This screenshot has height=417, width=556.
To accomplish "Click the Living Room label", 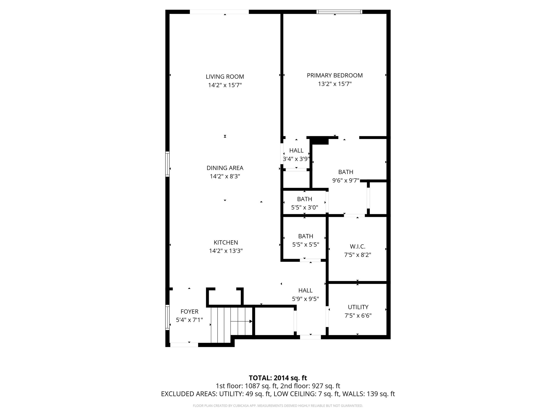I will pyautogui.click(x=225, y=77).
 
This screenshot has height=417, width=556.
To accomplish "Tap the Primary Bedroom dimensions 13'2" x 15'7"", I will pyautogui.click(x=335, y=84).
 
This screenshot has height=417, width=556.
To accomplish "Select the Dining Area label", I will pyautogui.click(x=225, y=168).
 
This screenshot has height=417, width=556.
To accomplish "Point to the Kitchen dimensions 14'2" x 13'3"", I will pyautogui.click(x=226, y=251).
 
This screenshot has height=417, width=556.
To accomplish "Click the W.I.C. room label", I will pyautogui.click(x=358, y=247).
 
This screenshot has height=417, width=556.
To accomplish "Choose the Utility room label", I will pyautogui.click(x=358, y=307).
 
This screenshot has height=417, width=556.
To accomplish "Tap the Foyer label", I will pyautogui.click(x=189, y=312).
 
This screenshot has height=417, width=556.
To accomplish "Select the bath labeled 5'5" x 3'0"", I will pyautogui.click(x=304, y=203).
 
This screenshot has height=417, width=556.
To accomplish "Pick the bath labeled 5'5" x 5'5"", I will pyautogui.click(x=305, y=240).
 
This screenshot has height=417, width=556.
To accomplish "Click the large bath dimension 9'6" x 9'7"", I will pyautogui.click(x=346, y=180).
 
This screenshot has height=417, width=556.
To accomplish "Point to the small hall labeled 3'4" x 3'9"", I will pyautogui.click(x=296, y=154).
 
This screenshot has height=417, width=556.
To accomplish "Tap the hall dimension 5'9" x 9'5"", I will pyautogui.click(x=305, y=299).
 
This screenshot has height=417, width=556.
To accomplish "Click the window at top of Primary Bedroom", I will pyautogui.click(x=339, y=12).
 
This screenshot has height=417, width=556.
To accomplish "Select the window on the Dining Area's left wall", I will pyautogui.click(x=168, y=164).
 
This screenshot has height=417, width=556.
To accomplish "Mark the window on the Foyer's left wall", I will pyautogui.click(x=168, y=317).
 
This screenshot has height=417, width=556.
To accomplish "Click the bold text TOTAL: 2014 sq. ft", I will pyautogui.click(x=278, y=378).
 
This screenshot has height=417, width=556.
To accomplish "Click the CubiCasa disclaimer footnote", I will pyautogui.click(x=278, y=406).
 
